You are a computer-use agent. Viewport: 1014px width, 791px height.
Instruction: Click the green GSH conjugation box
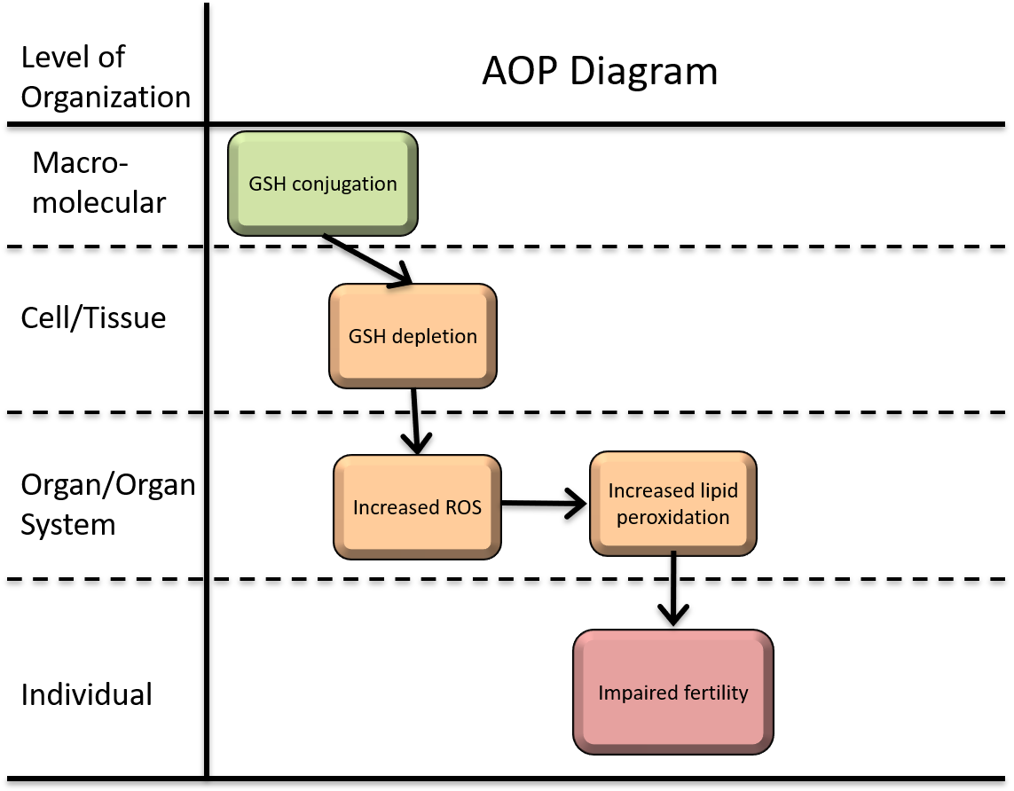(x=322, y=183)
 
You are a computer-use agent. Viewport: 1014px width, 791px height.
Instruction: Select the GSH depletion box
(x=413, y=336)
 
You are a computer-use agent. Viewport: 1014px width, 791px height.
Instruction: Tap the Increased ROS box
(x=417, y=507)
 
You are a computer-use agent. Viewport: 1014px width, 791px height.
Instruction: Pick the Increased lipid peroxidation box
(x=672, y=504)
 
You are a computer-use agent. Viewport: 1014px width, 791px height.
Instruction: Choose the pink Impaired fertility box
(x=673, y=693)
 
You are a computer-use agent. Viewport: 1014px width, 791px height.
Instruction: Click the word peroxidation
(x=673, y=517)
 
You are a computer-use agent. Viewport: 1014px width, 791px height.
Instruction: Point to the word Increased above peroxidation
(x=650, y=491)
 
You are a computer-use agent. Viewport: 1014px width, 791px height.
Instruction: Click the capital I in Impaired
(x=601, y=693)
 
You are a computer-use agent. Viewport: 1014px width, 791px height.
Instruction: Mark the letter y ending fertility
(x=743, y=694)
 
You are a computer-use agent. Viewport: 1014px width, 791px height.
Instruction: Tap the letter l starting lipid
(x=704, y=491)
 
